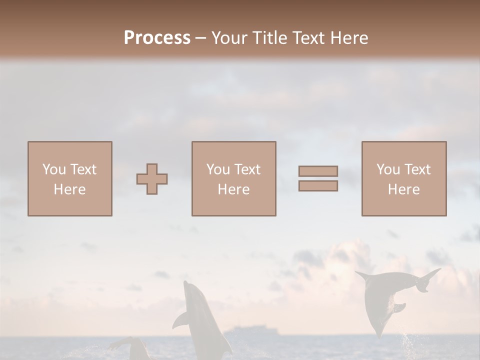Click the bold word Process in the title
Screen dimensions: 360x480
click(x=157, y=38)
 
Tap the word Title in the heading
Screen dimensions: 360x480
click(x=270, y=38)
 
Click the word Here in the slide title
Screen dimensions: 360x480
click(x=348, y=38)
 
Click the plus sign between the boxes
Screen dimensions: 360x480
click(x=152, y=179)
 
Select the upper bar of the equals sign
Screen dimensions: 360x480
click(x=318, y=171)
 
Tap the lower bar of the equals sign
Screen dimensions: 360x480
click(x=318, y=186)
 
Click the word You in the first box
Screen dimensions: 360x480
click(x=54, y=169)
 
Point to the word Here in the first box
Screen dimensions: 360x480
click(x=69, y=189)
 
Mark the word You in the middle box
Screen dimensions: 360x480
click(x=218, y=169)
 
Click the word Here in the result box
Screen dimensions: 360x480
click(x=403, y=189)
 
